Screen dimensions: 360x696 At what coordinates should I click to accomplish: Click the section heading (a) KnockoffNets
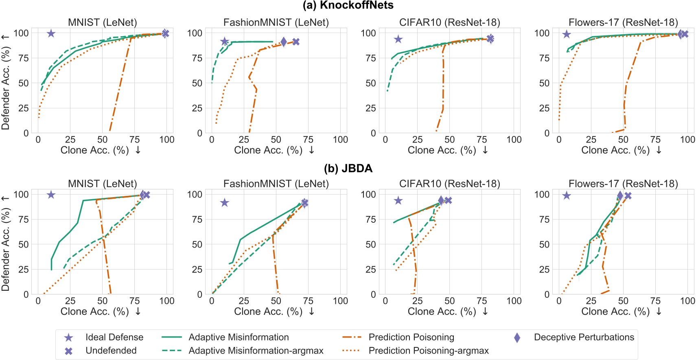(x=348, y=5)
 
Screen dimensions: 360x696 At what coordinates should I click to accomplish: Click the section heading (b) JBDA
(x=348, y=168)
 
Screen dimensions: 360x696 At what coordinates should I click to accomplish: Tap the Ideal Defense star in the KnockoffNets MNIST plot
(x=51, y=33)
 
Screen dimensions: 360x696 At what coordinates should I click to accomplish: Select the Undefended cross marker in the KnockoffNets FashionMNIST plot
(x=296, y=42)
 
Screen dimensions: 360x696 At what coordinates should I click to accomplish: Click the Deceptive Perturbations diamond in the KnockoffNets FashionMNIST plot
(x=284, y=42)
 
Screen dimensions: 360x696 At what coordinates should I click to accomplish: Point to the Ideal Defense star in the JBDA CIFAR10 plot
(x=398, y=200)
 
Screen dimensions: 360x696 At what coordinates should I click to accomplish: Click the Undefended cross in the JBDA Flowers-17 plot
(x=628, y=196)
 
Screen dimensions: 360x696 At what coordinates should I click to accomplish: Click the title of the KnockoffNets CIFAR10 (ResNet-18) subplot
(x=449, y=22)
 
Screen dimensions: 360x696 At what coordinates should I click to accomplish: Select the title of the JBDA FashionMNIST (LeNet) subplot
(x=276, y=184)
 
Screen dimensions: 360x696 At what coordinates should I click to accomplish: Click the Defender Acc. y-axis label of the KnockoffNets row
(x=5, y=81)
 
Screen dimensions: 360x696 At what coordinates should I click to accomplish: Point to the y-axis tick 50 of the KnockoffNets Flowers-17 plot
(x=544, y=83)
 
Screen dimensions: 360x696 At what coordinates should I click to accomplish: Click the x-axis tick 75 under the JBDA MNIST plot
(x=134, y=301)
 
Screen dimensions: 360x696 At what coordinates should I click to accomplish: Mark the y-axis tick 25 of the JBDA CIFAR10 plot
(x=370, y=269)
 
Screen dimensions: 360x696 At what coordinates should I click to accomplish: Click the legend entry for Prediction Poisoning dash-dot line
(x=411, y=337)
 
